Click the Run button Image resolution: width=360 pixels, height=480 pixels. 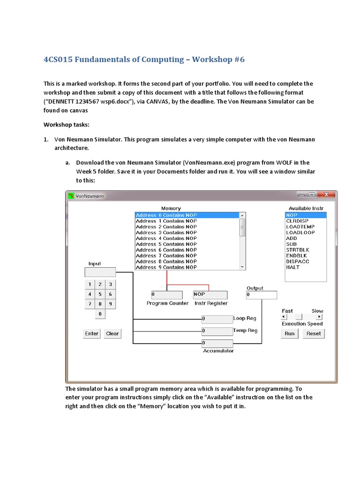pos(290,333)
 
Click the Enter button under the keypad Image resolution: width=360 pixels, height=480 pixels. pos(92,333)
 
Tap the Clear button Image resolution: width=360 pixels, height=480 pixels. pos(112,333)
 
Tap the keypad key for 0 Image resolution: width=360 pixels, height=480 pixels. pos(100,314)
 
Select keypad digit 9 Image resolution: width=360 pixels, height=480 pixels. pos(111,304)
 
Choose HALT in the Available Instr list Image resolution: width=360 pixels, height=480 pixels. pos(293,267)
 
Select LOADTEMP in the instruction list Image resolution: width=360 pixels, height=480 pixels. pos(300,227)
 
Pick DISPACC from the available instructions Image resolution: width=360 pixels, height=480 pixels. pos(298,262)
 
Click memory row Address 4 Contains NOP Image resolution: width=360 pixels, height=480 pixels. pos(166,238)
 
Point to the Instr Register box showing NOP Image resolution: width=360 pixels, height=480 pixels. pos(210,295)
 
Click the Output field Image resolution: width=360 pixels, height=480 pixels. pos(261,295)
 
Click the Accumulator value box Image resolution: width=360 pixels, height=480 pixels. pos(217,343)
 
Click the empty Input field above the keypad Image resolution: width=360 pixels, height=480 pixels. pos(100,272)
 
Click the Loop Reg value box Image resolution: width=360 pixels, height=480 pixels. pos(217,319)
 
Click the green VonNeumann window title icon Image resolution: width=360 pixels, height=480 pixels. pos(71,195)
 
